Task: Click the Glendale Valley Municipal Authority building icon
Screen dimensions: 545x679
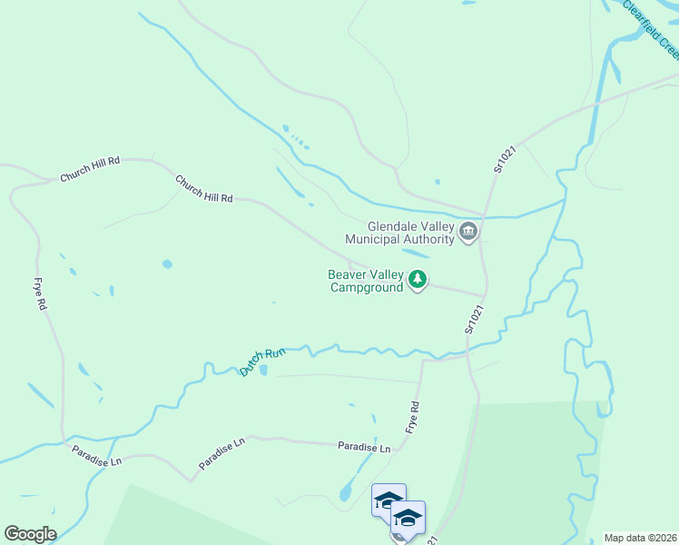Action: pyautogui.click(x=468, y=233)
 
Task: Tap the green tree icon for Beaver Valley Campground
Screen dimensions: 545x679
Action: pyautogui.click(x=418, y=280)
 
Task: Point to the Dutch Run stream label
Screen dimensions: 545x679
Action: pyautogui.click(x=262, y=359)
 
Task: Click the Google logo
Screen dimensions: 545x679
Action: pyautogui.click(x=30, y=534)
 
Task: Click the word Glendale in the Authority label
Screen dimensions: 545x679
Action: pyautogui.click(x=391, y=227)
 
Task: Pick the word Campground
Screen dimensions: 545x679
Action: pyautogui.click(x=366, y=287)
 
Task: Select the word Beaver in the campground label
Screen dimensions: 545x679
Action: pyautogui.click(x=346, y=274)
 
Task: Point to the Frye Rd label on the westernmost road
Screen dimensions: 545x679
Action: pyautogui.click(x=40, y=294)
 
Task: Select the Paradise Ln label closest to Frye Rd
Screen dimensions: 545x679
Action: pyautogui.click(x=363, y=448)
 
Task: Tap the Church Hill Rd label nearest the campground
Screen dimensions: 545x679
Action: pyautogui.click(x=204, y=190)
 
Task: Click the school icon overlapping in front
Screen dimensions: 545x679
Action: pyautogui.click(x=408, y=519)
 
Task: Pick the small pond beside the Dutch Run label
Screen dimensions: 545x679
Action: pyautogui.click(x=263, y=371)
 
